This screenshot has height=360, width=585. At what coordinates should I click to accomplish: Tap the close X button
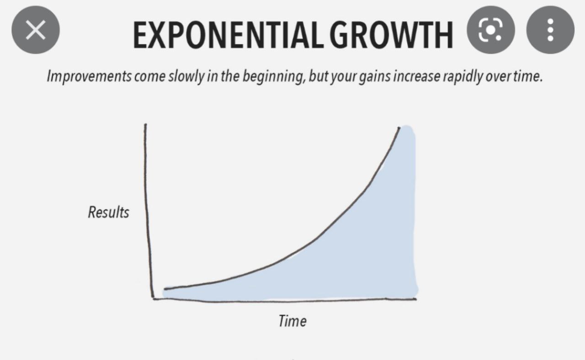point(36,30)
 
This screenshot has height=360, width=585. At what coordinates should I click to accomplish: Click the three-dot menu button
point(550,30)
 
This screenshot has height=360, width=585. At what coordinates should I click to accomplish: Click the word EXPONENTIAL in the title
point(229,35)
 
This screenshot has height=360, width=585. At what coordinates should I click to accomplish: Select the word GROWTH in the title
point(391,35)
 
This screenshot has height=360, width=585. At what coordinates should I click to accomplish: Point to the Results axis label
point(109,212)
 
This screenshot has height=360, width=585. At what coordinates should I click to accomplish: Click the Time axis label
point(292,321)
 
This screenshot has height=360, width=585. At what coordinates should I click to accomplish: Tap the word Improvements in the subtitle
point(89,77)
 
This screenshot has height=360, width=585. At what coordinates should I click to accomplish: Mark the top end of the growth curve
point(399,127)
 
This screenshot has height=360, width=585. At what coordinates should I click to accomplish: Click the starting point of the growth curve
point(165,289)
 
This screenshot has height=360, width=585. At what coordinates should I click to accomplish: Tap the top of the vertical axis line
point(145,124)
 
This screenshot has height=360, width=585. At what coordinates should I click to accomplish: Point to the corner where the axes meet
point(153,299)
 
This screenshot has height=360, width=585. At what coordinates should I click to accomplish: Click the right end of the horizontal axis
point(416,299)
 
